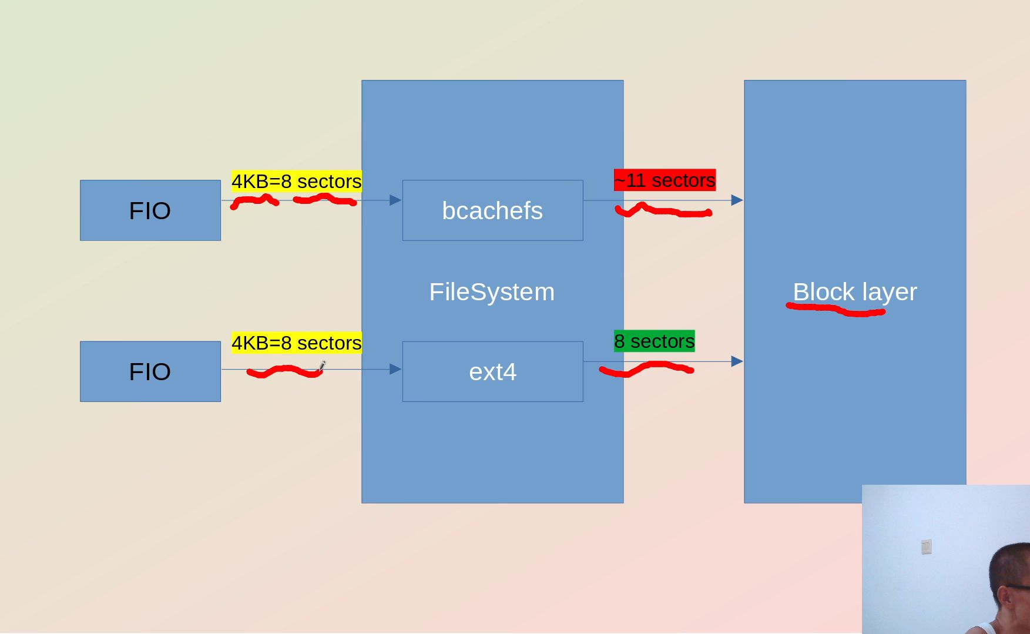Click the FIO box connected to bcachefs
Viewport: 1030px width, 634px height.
[x=150, y=210]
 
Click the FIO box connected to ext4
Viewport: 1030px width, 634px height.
[x=150, y=371]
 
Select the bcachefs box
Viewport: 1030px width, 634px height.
[x=492, y=210]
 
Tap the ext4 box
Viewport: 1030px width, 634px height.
[x=492, y=371]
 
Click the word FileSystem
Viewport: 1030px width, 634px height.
[x=492, y=292]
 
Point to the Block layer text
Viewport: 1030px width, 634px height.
[x=854, y=291]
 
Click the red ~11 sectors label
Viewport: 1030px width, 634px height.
[x=665, y=180]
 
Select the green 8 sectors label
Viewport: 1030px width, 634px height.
[x=654, y=341]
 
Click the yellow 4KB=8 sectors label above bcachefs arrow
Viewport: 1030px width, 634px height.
[x=296, y=181]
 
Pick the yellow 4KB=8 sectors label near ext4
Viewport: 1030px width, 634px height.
[x=296, y=343]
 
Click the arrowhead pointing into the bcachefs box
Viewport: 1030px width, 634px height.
[x=395, y=200]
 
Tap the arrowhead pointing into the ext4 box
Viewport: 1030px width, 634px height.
[x=395, y=369]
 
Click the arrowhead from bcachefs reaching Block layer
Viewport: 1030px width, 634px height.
[x=737, y=200]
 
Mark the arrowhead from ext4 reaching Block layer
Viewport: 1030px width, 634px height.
[x=737, y=361]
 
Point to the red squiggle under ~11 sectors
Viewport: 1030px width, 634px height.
[x=663, y=211]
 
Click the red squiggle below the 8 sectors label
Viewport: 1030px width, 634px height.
[x=646, y=369]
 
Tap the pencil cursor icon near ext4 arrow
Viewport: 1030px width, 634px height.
[x=322, y=366]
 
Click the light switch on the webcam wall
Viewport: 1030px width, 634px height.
[x=926, y=547]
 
